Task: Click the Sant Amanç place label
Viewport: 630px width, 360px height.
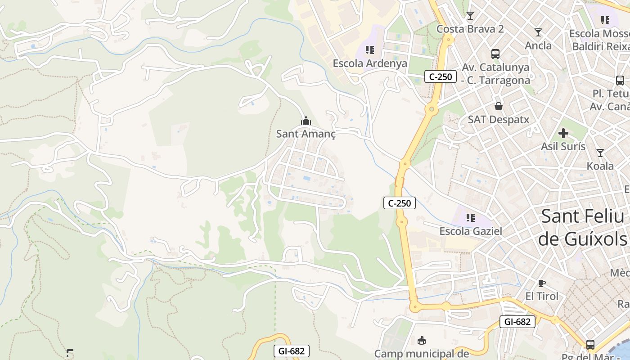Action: [306, 134]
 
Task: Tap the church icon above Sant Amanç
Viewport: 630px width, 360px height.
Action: [306, 121]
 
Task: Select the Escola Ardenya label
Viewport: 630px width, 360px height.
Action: [370, 63]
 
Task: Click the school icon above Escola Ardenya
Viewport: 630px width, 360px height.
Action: [370, 50]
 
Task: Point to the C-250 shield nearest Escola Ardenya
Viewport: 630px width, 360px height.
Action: [440, 76]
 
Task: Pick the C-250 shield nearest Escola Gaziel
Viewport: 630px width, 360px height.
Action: [400, 203]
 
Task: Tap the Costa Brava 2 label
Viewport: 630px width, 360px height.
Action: [470, 29]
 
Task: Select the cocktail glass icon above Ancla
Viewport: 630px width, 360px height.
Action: [538, 32]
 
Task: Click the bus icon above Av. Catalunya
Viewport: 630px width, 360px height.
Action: [495, 54]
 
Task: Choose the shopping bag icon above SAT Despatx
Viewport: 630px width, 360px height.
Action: [499, 107]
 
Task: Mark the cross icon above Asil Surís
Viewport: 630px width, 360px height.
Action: [563, 133]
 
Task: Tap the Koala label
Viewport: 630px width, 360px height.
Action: [600, 166]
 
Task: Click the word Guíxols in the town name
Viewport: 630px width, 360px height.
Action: [582, 238]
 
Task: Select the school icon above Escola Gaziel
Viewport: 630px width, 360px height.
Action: [471, 218]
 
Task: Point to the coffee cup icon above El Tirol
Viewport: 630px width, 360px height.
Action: [542, 283]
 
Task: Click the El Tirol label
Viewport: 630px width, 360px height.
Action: [542, 296]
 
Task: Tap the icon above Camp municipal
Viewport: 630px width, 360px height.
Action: [422, 340]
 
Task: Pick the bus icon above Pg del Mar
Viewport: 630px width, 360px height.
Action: [590, 345]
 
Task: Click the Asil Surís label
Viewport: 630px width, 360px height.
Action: [563, 146]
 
